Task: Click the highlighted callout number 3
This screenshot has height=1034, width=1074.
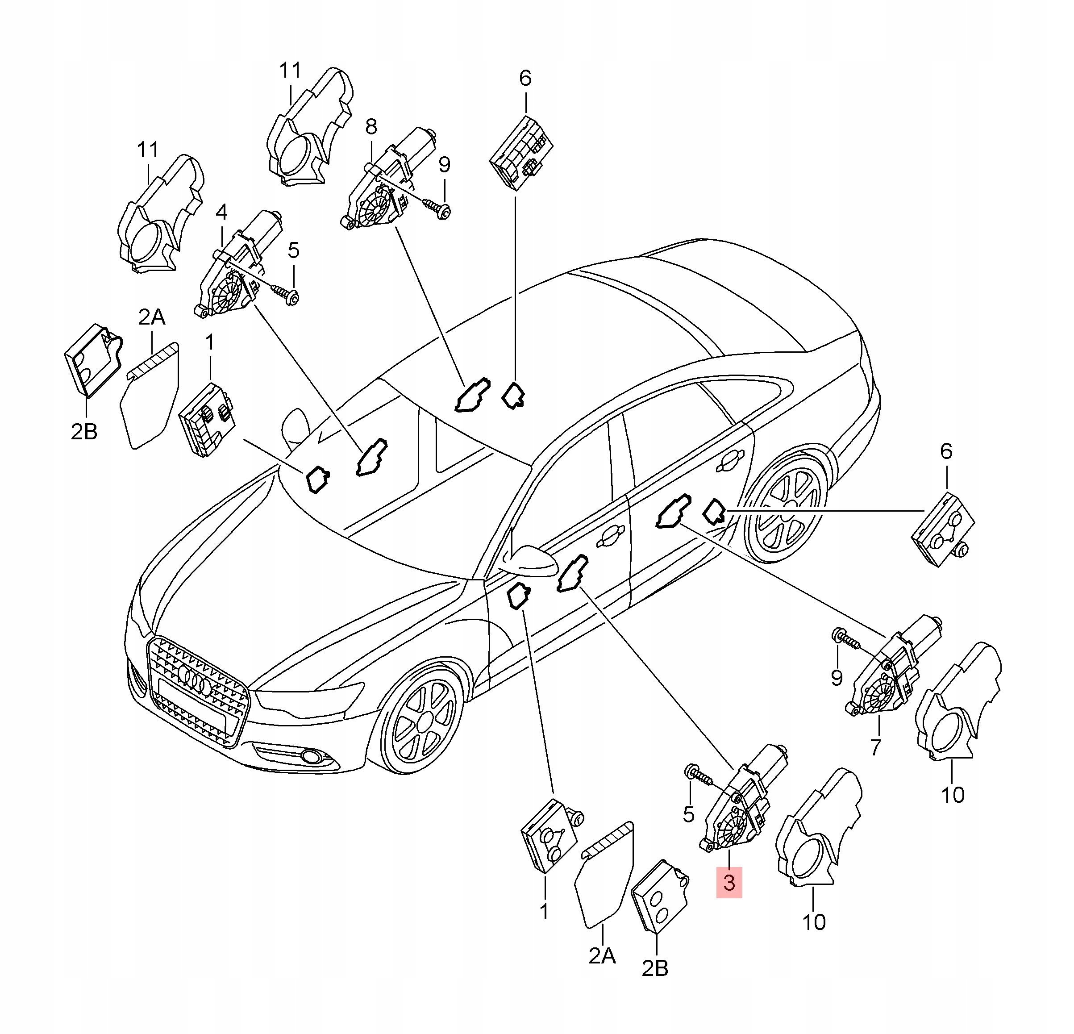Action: pyautogui.click(x=729, y=883)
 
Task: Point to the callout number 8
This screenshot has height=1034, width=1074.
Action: pyautogui.click(x=371, y=128)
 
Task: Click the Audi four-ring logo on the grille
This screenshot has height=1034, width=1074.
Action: pyautogui.click(x=195, y=681)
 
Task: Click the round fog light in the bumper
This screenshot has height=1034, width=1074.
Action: pyautogui.click(x=313, y=757)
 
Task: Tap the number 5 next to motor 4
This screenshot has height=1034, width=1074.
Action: pyautogui.click(x=294, y=251)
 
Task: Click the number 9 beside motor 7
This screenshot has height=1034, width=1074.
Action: pyautogui.click(x=836, y=678)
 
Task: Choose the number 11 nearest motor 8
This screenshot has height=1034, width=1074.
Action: pyautogui.click(x=291, y=70)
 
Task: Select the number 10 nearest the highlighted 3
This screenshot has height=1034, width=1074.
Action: pyautogui.click(x=814, y=921)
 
